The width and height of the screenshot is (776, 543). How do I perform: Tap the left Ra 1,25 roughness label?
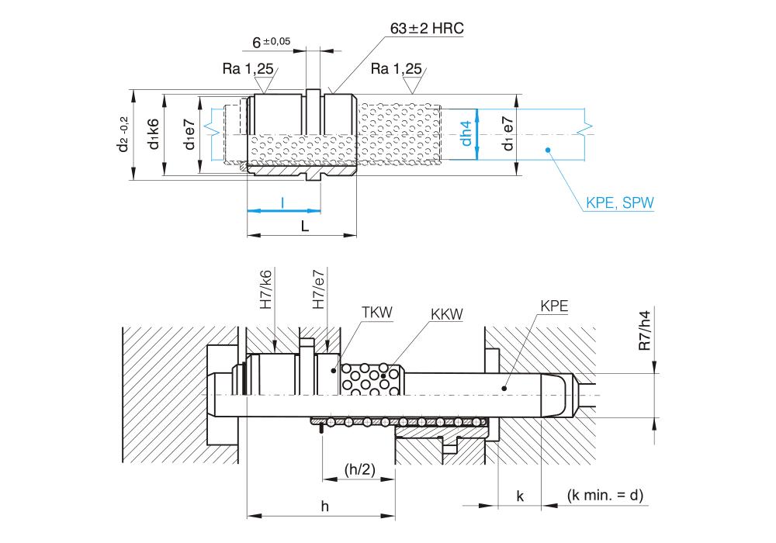248,69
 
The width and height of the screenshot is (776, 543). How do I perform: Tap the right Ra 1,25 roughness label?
396,69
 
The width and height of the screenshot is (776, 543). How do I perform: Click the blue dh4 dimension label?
466,133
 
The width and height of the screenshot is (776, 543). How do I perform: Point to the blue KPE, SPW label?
620,204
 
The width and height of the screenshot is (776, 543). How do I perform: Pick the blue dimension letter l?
282,202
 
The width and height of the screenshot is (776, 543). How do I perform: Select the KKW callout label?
446,314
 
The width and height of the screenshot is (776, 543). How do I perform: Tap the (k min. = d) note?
605,495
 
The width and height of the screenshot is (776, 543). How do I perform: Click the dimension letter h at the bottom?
325,507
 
